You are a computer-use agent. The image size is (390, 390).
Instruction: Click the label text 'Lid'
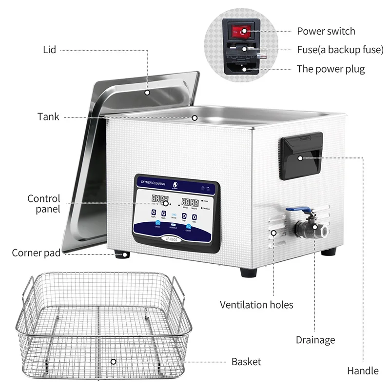click(x=49, y=50)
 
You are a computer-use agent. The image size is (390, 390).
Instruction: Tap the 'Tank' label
click(x=48, y=117)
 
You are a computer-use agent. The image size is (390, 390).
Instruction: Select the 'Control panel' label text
click(x=44, y=204)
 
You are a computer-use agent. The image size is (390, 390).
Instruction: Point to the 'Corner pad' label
click(x=36, y=253)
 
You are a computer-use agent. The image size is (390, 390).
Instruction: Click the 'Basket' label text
click(x=246, y=362)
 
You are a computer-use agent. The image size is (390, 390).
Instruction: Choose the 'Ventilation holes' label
click(x=256, y=305)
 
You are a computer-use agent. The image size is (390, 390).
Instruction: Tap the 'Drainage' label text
click(x=315, y=340)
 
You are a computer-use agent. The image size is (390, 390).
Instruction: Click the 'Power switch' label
click(x=326, y=31)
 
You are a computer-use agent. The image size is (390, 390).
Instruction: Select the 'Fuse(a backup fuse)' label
click(x=340, y=50)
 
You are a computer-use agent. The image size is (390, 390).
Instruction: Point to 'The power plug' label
click(x=331, y=69)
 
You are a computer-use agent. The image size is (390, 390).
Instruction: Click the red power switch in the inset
click(x=239, y=32)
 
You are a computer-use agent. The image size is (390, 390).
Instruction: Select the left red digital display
click(x=146, y=199)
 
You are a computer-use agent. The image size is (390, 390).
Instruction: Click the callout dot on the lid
click(x=147, y=91)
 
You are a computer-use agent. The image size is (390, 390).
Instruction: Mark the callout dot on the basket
click(x=113, y=362)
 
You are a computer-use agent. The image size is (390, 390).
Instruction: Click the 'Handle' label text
click(x=363, y=371)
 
